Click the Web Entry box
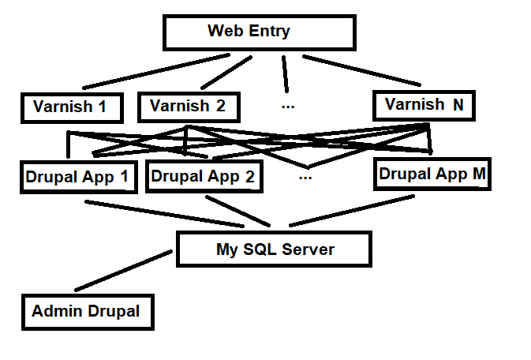(259, 32)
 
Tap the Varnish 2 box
(188, 106)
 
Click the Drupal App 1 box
(77, 176)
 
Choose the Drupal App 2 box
(203, 177)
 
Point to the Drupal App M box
(432, 174)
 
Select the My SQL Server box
(275, 249)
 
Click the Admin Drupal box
(86, 311)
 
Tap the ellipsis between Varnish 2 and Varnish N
(288, 104)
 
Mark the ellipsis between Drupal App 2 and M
(306, 177)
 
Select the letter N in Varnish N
(458, 105)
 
